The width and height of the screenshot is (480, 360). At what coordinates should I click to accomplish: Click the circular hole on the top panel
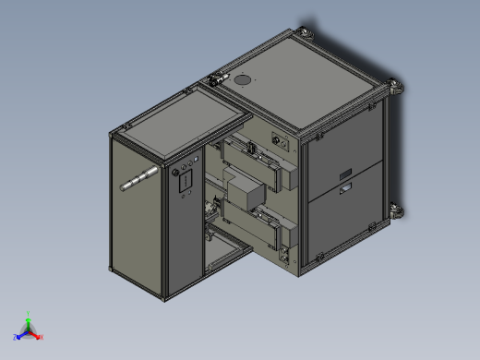(244, 79)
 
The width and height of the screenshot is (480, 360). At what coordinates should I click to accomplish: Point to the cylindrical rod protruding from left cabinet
(139, 178)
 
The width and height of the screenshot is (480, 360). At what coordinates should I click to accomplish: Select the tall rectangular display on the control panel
(184, 183)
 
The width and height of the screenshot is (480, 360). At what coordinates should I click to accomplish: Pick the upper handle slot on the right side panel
(345, 174)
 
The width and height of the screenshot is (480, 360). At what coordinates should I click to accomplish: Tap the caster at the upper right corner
(397, 88)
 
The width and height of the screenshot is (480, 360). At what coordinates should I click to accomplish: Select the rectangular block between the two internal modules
(246, 196)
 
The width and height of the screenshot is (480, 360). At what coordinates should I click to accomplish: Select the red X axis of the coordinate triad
(38, 336)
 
